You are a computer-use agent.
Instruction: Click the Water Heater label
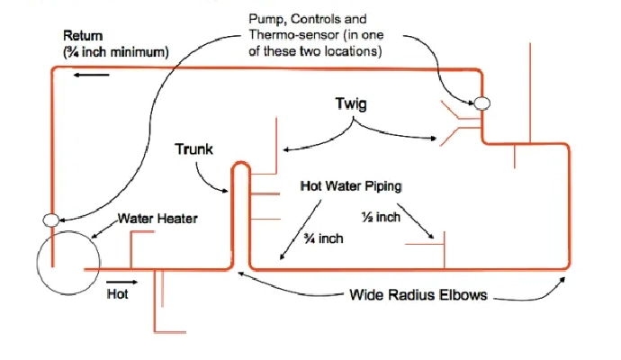click(x=158, y=218)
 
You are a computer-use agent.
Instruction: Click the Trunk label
click(x=193, y=148)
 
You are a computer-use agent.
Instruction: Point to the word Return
click(x=83, y=36)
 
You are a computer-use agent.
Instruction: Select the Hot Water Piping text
click(x=350, y=186)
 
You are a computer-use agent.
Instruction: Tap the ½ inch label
click(x=375, y=218)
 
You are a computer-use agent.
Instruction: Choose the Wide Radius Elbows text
click(x=418, y=295)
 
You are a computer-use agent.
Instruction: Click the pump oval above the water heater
click(x=52, y=219)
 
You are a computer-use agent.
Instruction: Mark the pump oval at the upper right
click(x=482, y=103)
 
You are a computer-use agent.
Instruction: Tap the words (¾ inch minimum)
click(x=115, y=52)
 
